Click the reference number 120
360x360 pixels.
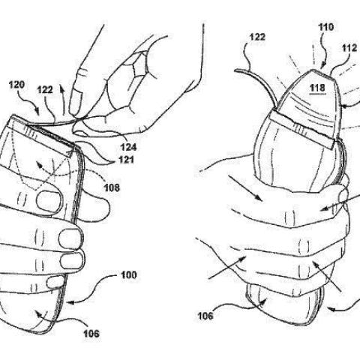coord(17,85)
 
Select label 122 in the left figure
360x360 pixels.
coord(45,89)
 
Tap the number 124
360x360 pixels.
coord(129,147)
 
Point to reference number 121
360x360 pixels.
coord(126,160)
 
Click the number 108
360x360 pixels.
coord(112,187)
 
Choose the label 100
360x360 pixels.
coord(129,275)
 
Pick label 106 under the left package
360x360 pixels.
coord(91,333)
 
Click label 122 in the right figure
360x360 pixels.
coord(257,37)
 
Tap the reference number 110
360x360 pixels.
coord(326,27)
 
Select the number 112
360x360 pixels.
coord(349,48)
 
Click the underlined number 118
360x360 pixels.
coord(317,88)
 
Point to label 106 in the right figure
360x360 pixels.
coord(205,316)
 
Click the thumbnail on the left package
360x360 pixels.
coord(49,201)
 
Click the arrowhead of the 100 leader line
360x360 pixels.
coord(70,303)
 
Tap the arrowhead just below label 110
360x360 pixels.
coord(322,66)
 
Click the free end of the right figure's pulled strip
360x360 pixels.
coord(235,70)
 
